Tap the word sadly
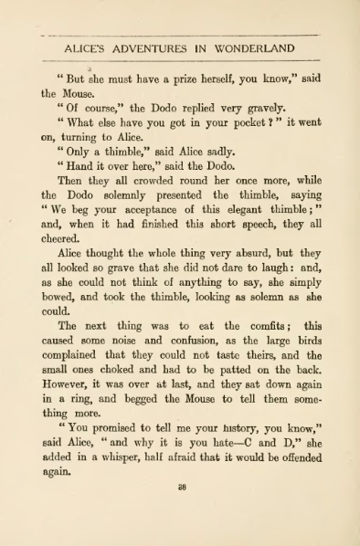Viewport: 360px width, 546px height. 217,152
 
